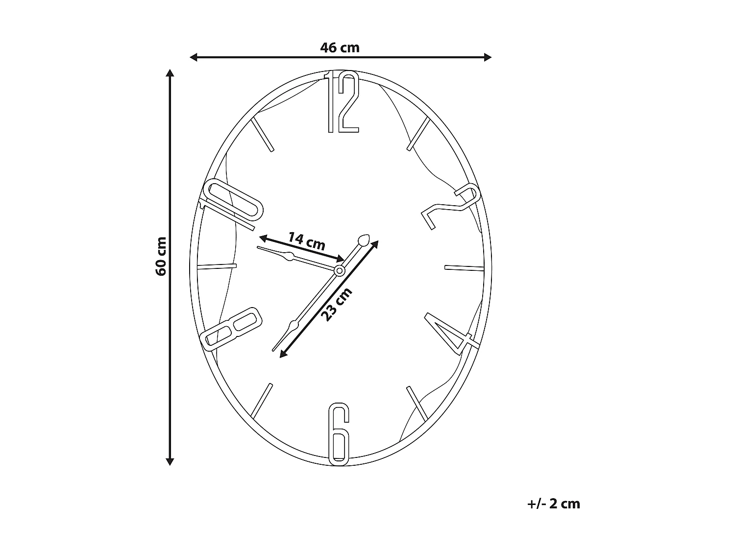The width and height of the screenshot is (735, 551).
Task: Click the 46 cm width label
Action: click(340, 48)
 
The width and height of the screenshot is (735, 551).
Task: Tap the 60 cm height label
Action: click(161, 256)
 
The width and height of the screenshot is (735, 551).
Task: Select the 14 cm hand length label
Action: click(306, 241)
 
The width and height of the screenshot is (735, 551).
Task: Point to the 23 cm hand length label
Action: click(337, 305)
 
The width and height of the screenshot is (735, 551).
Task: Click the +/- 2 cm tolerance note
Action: click(554, 503)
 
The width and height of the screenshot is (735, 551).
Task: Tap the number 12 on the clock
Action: click(343, 102)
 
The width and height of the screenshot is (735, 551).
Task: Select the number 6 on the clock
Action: click(339, 434)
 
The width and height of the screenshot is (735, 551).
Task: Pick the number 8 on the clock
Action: click(230, 328)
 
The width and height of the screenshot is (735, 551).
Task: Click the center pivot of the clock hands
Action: click(339, 270)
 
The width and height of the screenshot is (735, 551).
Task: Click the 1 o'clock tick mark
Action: click(418, 134)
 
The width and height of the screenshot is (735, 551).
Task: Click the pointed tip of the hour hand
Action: click(258, 248)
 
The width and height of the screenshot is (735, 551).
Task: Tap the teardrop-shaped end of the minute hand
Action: click(364, 240)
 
